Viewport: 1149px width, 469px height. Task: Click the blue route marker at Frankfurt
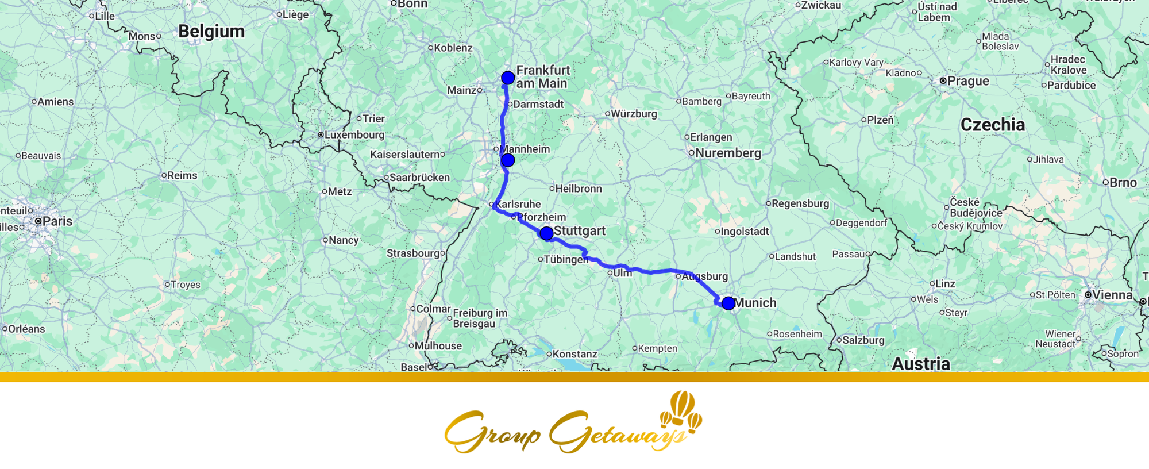point(508,78)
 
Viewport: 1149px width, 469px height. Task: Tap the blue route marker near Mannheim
point(508,160)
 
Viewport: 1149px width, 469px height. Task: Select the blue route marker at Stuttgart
point(546,233)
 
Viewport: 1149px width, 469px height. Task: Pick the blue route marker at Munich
point(728,303)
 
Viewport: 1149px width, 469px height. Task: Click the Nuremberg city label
point(728,153)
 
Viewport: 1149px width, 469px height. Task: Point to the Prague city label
point(968,81)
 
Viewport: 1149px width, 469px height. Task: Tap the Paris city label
point(57,221)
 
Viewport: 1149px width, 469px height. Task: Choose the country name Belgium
point(211,32)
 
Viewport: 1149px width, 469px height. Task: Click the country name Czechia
point(993,125)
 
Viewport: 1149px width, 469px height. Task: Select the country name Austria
point(921,364)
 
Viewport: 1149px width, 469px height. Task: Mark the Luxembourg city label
point(354,135)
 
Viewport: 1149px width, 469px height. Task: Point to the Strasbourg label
point(413,253)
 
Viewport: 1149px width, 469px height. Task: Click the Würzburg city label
point(634,114)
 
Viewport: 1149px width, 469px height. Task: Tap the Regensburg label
point(800,203)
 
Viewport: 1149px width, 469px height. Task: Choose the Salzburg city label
point(863,340)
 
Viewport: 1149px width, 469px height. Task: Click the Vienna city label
point(1112,295)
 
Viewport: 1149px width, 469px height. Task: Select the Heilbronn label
point(578,189)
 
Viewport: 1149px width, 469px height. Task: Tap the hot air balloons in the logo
point(683,410)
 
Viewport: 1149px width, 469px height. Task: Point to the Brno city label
point(1123,183)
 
